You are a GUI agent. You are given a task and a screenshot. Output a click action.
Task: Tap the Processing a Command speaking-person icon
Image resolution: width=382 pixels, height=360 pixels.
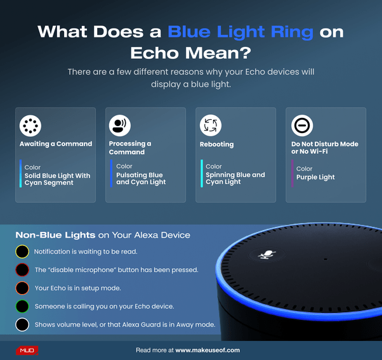[x=119, y=125]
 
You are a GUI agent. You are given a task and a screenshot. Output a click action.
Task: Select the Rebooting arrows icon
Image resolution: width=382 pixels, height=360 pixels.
[x=210, y=125]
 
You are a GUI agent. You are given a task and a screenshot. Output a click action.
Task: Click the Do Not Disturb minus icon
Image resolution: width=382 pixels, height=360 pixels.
[x=302, y=126]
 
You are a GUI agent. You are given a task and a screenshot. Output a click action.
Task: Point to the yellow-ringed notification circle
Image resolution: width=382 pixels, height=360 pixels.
[x=23, y=252]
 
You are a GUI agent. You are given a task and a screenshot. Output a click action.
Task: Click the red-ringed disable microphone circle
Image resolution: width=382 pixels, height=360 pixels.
[x=23, y=270]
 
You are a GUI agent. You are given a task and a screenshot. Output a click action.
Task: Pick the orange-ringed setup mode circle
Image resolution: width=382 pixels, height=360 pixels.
[x=23, y=288]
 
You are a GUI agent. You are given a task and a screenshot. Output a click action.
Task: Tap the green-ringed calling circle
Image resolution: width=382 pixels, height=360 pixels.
[x=23, y=307]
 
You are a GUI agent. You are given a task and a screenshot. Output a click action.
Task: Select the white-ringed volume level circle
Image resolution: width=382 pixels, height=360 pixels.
[x=23, y=325]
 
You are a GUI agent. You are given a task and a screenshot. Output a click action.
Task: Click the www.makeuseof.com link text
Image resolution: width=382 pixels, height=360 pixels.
[x=207, y=350]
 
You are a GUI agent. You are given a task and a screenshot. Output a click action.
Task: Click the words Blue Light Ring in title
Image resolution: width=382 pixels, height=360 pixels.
[x=240, y=32]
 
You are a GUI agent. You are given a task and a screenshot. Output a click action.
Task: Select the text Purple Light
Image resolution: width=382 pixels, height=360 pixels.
[x=315, y=177]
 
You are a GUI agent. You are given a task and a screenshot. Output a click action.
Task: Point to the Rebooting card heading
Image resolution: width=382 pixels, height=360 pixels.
[x=216, y=145]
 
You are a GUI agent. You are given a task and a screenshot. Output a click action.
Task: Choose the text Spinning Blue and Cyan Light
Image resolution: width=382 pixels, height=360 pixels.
[x=235, y=178]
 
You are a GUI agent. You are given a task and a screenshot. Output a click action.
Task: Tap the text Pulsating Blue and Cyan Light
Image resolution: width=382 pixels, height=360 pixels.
[x=140, y=179]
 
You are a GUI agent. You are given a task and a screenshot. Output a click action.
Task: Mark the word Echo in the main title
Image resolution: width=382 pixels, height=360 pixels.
[x=154, y=53]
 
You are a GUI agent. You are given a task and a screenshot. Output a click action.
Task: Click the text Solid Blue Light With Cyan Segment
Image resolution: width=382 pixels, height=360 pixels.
[x=57, y=179]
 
